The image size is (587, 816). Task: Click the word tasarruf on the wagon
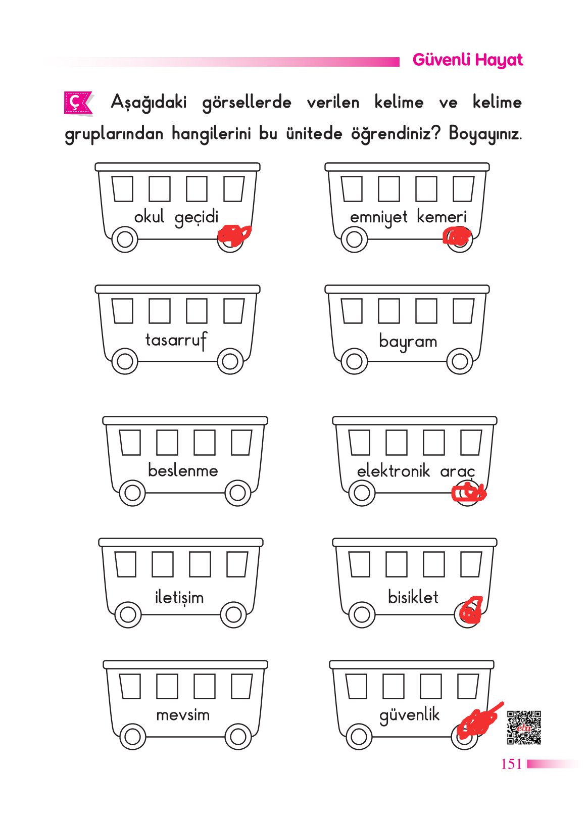(x=176, y=340)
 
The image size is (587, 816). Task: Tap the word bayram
(x=408, y=342)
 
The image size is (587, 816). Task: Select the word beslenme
(x=183, y=470)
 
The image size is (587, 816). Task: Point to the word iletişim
(x=179, y=597)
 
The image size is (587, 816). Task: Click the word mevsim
(x=183, y=715)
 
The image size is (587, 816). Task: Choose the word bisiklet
(x=413, y=597)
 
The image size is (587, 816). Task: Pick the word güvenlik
(x=409, y=715)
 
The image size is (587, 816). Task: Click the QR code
(x=524, y=728)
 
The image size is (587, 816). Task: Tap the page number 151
(x=511, y=764)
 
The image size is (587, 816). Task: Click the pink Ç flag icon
(x=76, y=103)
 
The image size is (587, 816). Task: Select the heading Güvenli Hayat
(x=467, y=60)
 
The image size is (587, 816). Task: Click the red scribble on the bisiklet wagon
(x=470, y=610)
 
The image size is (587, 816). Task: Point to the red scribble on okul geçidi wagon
(x=233, y=234)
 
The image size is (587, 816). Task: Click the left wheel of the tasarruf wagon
(x=124, y=361)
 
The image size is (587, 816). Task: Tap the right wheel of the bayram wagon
(x=460, y=361)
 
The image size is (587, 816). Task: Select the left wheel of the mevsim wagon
(x=132, y=736)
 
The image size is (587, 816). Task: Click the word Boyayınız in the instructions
(x=484, y=134)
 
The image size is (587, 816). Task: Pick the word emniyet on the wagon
(x=378, y=217)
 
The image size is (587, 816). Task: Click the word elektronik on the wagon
(x=393, y=471)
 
